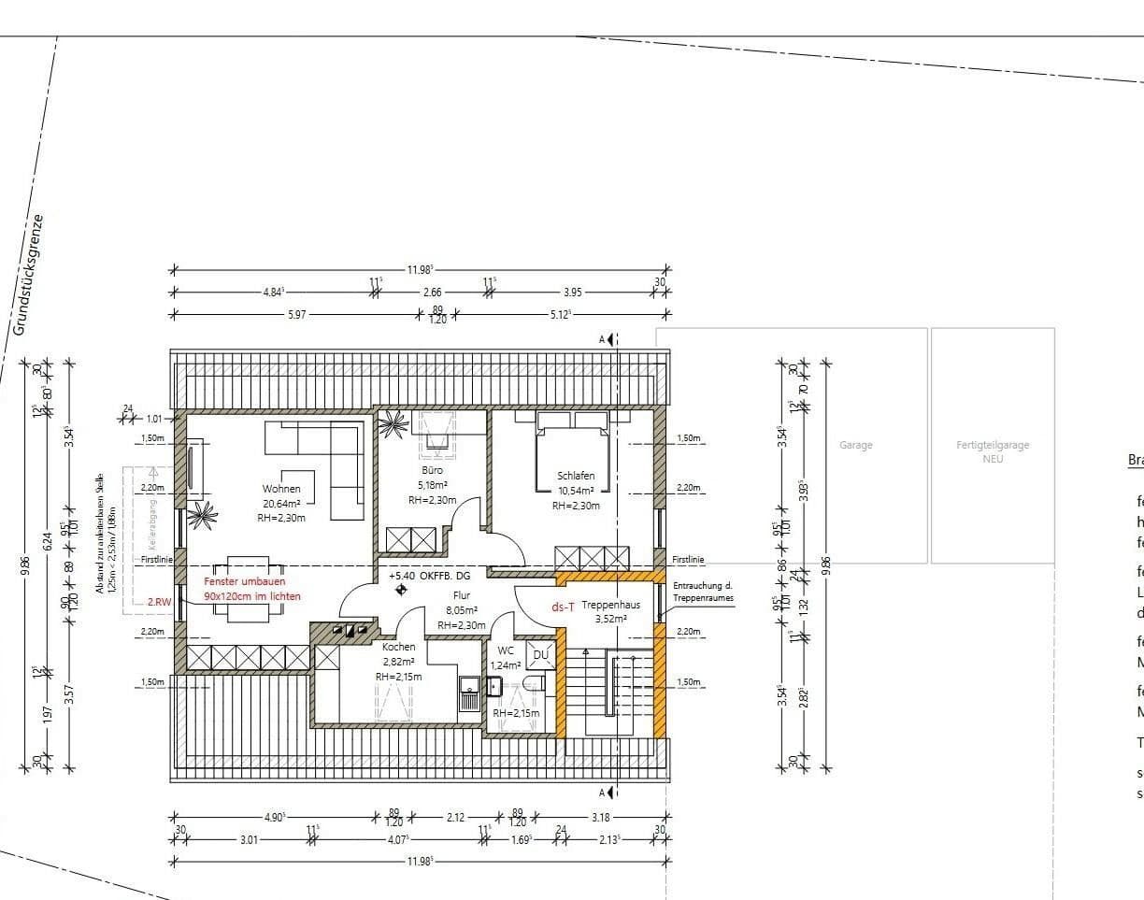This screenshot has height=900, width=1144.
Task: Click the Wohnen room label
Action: click(281, 489)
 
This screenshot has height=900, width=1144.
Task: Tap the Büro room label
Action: click(432, 470)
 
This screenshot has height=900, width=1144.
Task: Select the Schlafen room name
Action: click(575, 476)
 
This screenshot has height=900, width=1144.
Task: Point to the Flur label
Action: click(461, 595)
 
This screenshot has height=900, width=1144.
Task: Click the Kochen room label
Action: click(398, 647)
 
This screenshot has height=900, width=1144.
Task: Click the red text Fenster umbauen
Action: click(245, 581)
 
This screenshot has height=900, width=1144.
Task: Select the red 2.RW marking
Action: click(159, 603)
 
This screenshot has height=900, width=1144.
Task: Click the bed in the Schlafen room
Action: click(570, 455)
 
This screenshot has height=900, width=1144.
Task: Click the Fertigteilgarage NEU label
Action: click(992, 451)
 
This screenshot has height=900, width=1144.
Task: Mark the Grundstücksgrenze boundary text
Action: click(28, 274)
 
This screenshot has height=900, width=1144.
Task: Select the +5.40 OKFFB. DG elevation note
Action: click(430, 576)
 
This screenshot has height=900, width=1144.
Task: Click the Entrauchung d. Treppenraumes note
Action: click(703, 592)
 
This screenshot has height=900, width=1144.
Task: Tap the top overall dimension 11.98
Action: click(420, 270)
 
